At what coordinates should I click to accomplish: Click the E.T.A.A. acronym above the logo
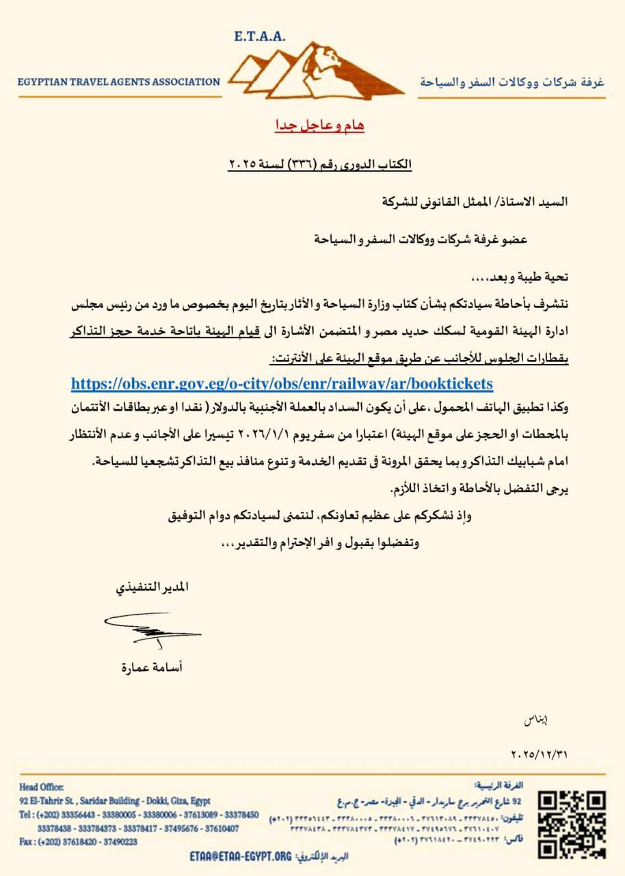(x=261, y=36)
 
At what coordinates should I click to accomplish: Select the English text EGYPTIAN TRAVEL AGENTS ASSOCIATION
(x=119, y=82)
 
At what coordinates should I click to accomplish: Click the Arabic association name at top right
(x=512, y=82)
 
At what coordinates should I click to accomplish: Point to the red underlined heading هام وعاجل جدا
(x=315, y=126)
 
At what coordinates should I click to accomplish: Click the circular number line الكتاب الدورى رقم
(x=320, y=165)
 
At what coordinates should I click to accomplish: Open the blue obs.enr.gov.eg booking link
(x=282, y=383)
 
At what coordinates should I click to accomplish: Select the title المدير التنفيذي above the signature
(x=151, y=588)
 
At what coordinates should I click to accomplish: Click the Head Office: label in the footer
(x=42, y=787)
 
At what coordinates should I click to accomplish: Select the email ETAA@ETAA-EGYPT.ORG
(x=240, y=856)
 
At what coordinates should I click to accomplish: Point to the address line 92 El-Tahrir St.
(x=115, y=801)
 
